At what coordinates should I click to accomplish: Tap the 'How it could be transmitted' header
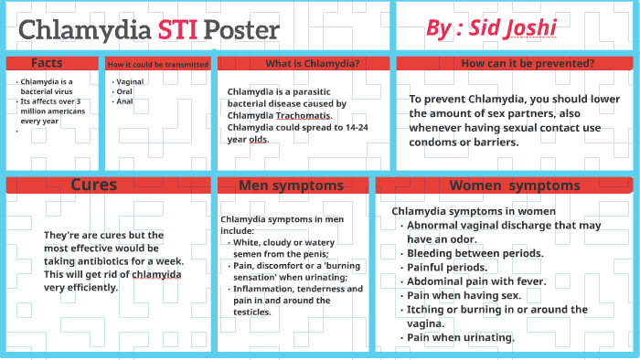157,64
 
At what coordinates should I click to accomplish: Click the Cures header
94,185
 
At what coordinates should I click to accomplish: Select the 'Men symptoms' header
291,185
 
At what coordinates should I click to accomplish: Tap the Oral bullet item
123,91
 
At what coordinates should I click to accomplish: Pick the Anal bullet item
123,101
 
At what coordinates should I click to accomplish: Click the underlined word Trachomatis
305,115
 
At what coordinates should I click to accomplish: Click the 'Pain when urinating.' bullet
461,337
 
